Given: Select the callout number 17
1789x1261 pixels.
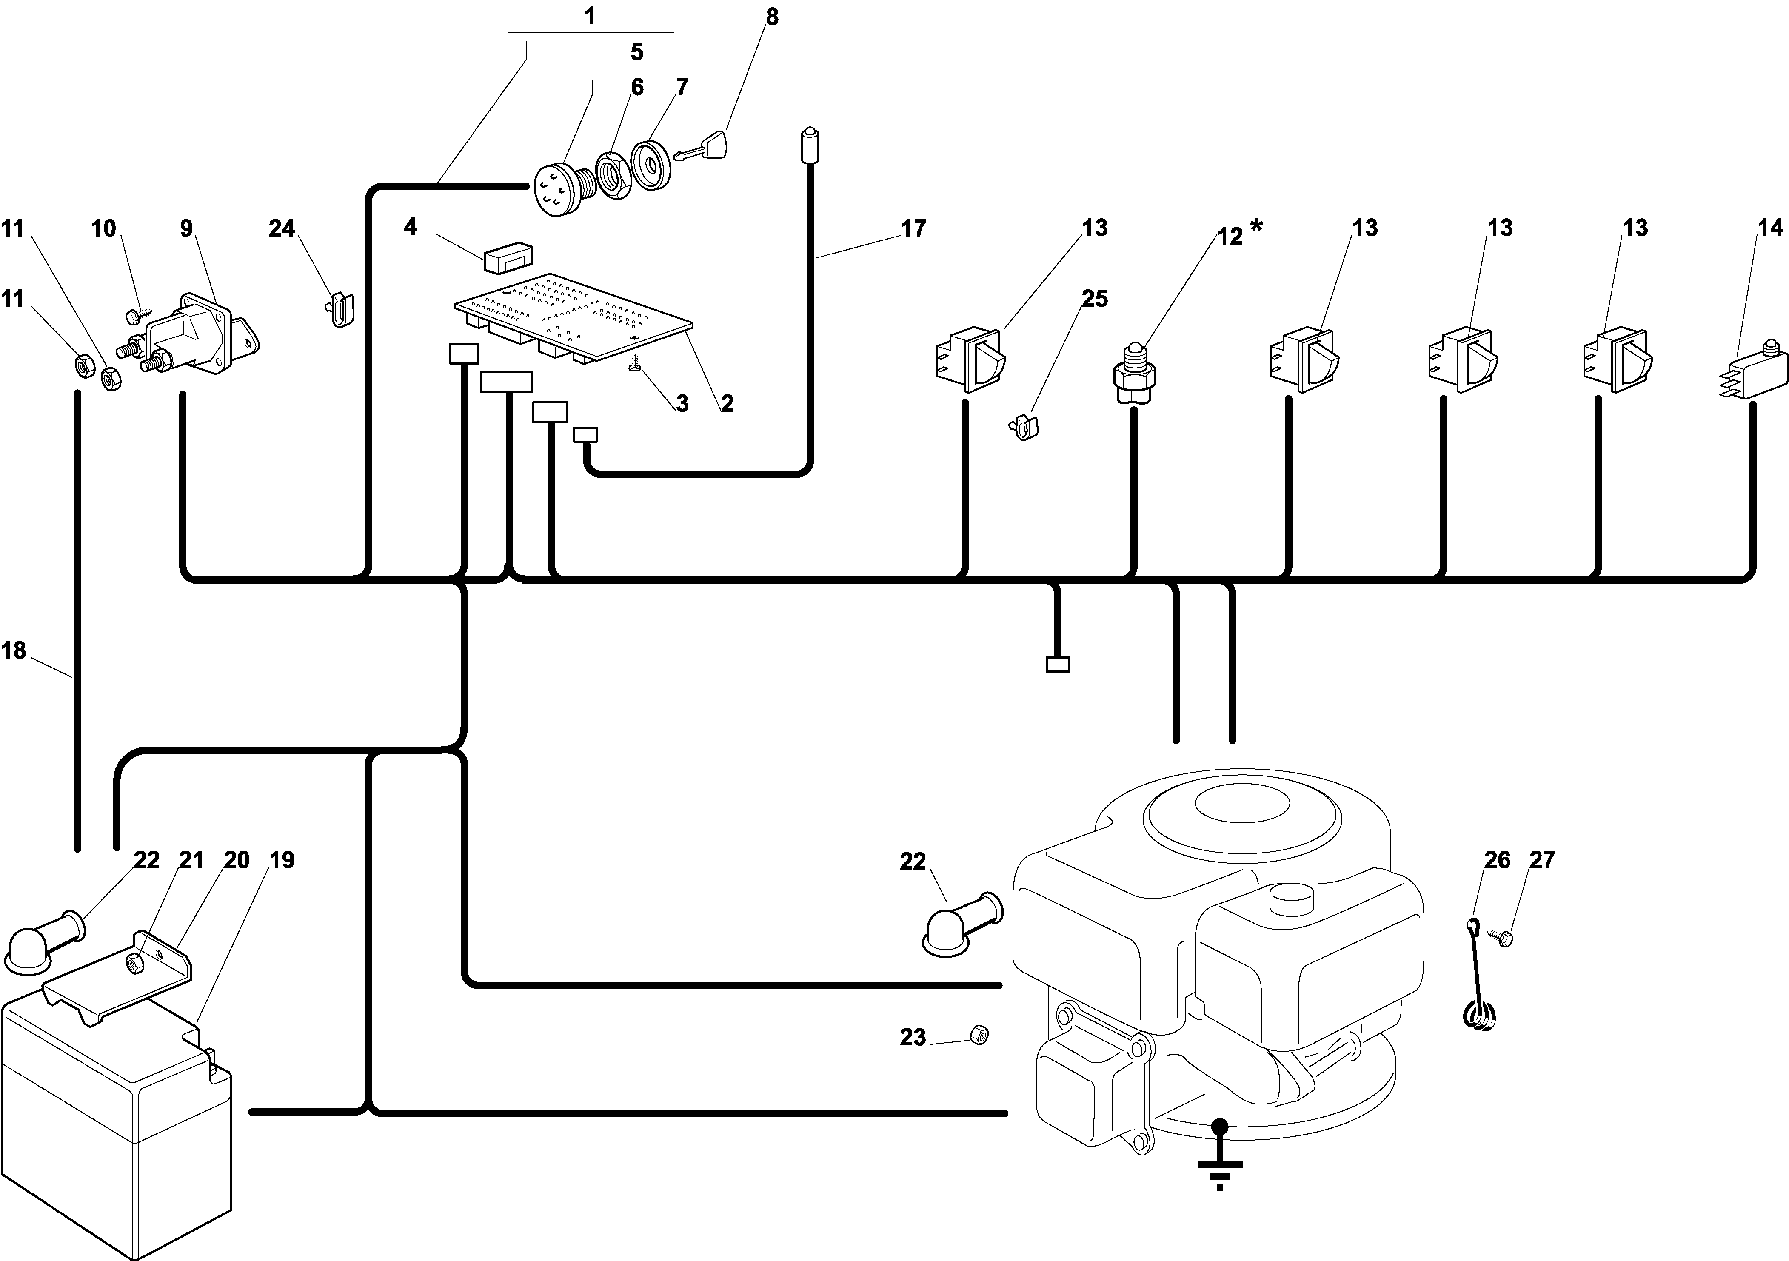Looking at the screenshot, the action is click(913, 228).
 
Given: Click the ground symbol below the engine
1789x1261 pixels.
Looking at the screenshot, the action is click(1219, 1157).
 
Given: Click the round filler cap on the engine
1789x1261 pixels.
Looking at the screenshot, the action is click(1291, 901).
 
